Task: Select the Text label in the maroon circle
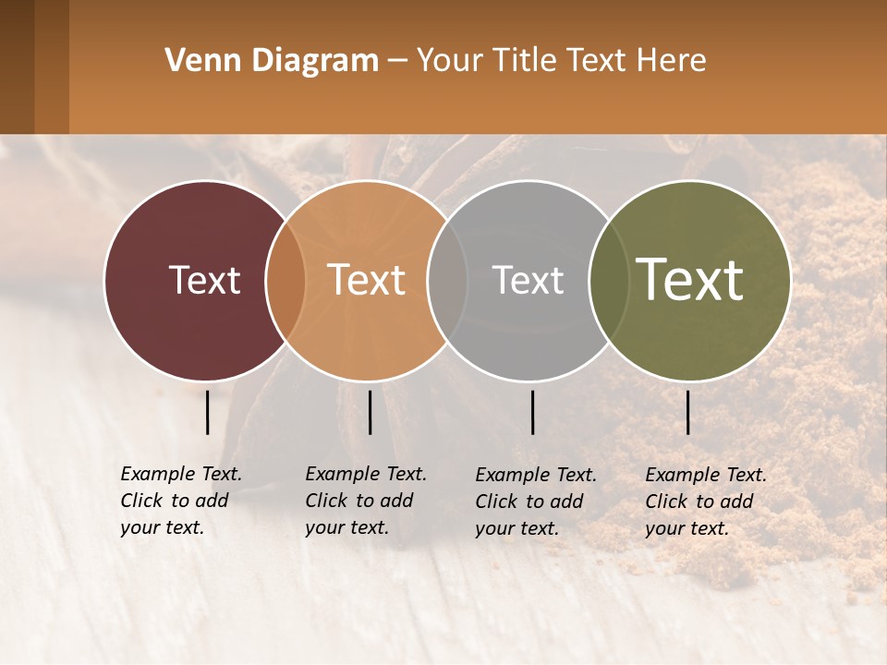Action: [x=204, y=280]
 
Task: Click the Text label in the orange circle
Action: [x=366, y=280]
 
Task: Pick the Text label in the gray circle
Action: [x=528, y=280]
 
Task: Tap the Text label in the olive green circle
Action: [x=689, y=280]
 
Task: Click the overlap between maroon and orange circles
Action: [x=286, y=281]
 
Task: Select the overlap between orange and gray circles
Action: [x=447, y=281]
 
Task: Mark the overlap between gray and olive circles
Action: [x=608, y=281]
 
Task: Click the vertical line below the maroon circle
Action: [x=208, y=412]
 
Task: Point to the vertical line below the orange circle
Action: [x=370, y=412]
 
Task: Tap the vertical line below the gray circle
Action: [x=532, y=412]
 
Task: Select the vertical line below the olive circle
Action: [x=687, y=412]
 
